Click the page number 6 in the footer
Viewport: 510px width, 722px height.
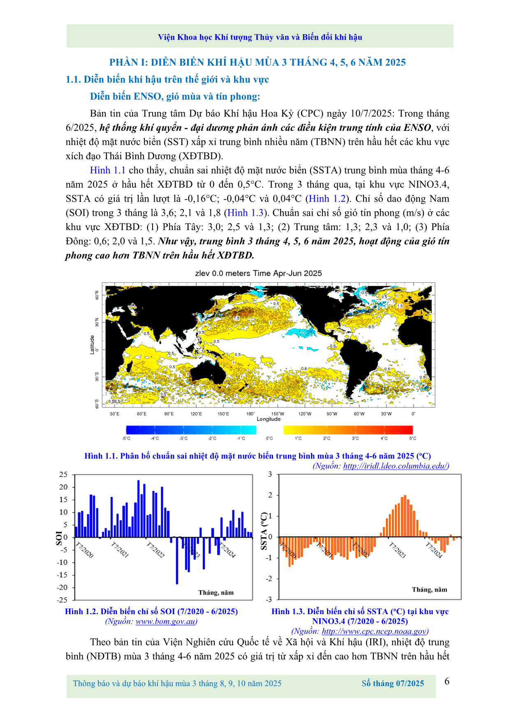tap(447, 681)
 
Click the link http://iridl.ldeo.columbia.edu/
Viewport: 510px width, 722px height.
tap(396, 466)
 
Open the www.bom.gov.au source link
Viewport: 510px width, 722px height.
tap(166, 621)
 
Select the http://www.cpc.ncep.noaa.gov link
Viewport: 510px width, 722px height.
tap(375, 631)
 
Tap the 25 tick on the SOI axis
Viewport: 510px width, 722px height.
tap(63, 474)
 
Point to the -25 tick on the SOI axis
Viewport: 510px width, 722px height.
tap(62, 600)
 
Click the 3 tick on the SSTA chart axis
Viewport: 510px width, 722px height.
tap(270, 474)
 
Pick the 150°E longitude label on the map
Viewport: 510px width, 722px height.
tap(223, 414)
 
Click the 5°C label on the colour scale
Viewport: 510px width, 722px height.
tap(413, 438)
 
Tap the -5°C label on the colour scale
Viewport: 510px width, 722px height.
tap(126, 438)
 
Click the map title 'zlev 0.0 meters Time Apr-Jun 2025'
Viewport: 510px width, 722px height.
tap(258, 273)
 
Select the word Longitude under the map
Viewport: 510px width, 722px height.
tap(269, 419)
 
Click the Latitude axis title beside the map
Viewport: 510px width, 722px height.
tap(92, 345)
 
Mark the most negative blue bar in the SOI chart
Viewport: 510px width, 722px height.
tap(177, 561)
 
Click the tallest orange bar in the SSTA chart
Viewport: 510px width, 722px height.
tap(405, 516)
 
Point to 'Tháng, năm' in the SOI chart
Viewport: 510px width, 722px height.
tap(216, 592)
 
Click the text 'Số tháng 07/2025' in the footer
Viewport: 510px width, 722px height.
tap(393, 683)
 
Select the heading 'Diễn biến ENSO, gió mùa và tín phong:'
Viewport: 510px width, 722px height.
tap(175, 96)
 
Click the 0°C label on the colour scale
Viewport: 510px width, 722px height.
tap(269, 438)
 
